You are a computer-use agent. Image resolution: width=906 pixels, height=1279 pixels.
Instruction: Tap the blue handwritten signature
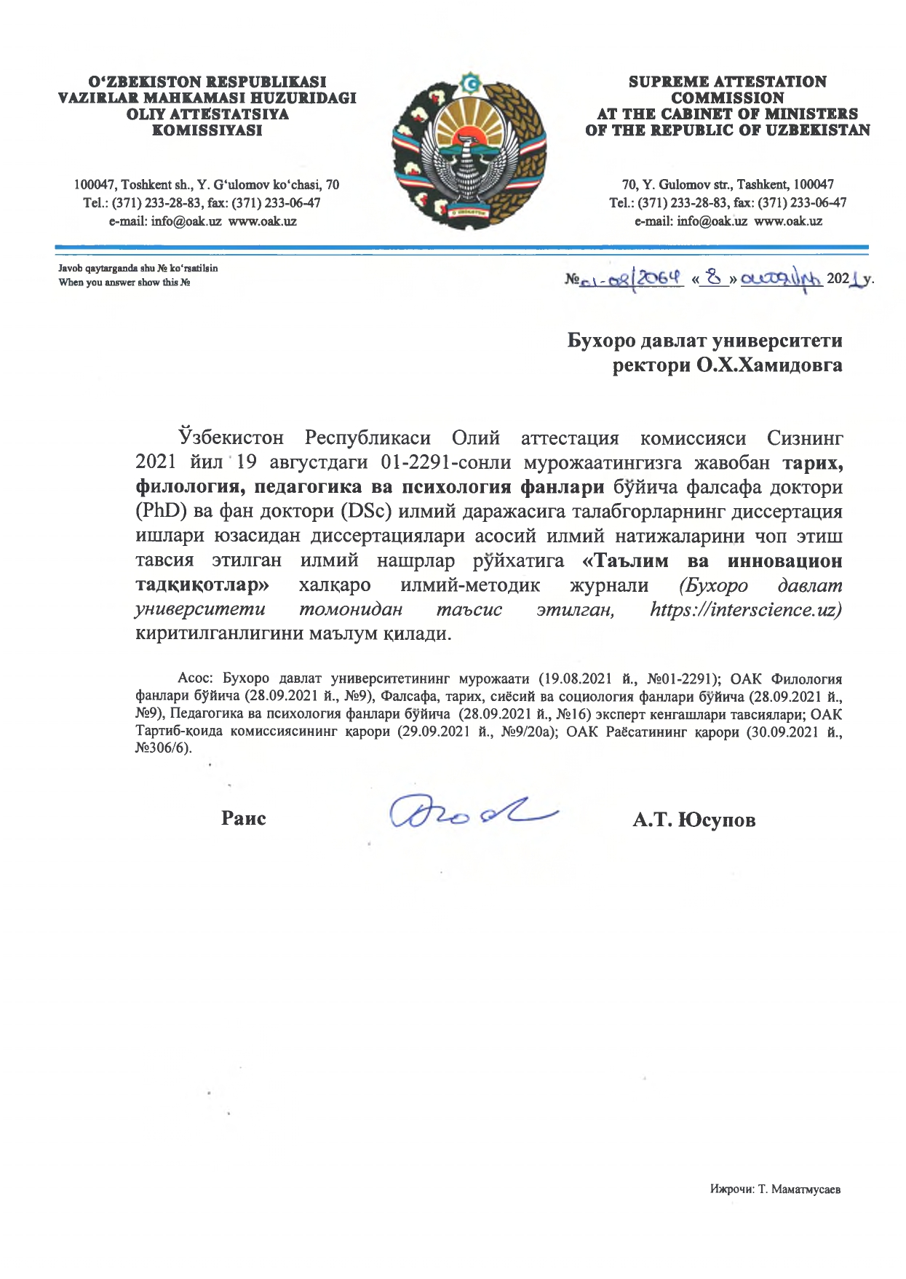pyautogui.click(x=472, y=811)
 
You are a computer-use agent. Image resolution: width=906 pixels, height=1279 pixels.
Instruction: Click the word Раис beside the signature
pyautogui.click(x=243, y=818)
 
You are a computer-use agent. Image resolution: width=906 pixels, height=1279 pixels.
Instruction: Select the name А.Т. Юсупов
pyautogui.click(x=694, y=820)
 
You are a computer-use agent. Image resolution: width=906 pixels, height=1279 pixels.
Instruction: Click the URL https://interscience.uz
pyautogui.click(x=745, y=609)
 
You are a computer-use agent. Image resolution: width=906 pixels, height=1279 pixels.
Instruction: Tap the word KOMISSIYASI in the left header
pyautogui.click(x=207, y=130)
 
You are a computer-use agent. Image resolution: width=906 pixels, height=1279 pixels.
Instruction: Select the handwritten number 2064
pyautogui.click(x=661, y=277)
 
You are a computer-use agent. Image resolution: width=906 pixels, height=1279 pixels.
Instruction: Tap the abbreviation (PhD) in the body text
pyautogui.click(x=161, y=511)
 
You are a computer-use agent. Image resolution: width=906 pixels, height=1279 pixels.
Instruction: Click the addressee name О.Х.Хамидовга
pyautogui.click(x=768, y=365)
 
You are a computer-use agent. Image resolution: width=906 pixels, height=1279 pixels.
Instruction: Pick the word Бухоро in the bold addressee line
pyautogui.click(x=601, y=341)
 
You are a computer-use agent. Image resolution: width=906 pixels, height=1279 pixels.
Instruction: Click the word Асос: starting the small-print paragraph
pyautogui.click(x=196, y=678)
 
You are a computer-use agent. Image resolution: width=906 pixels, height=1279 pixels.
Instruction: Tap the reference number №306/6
pyautogui.click(x=163, y=748)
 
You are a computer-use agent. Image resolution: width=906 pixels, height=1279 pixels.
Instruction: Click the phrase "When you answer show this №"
pyautogui.click(x=124, y=282)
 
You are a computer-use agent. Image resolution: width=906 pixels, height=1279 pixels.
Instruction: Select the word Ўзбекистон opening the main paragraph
pyautogui.click(x=231, y=437)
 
